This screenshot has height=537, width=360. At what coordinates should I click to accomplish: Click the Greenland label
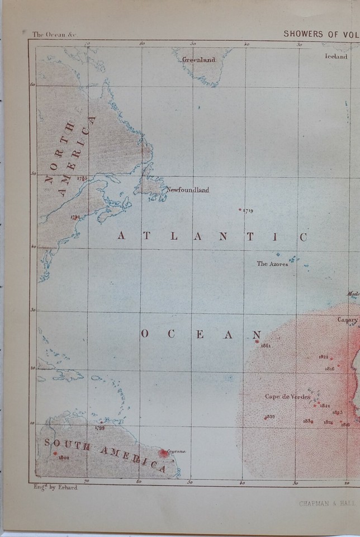198,60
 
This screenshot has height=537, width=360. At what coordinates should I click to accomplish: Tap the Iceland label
336,56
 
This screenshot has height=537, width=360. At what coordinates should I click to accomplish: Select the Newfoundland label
188,190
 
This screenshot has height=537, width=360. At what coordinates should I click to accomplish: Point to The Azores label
272,263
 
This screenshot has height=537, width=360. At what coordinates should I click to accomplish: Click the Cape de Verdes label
287,397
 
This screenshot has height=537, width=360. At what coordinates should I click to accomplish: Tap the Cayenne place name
174,451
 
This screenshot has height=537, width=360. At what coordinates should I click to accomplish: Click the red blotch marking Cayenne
163,453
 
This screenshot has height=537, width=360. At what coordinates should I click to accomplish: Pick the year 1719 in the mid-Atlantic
248,211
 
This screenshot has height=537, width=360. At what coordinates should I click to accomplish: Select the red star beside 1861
257,341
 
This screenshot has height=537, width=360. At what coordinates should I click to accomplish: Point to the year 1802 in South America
63,457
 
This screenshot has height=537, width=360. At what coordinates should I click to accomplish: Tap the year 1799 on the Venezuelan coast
100,428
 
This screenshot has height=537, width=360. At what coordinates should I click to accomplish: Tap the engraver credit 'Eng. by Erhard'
55,487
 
